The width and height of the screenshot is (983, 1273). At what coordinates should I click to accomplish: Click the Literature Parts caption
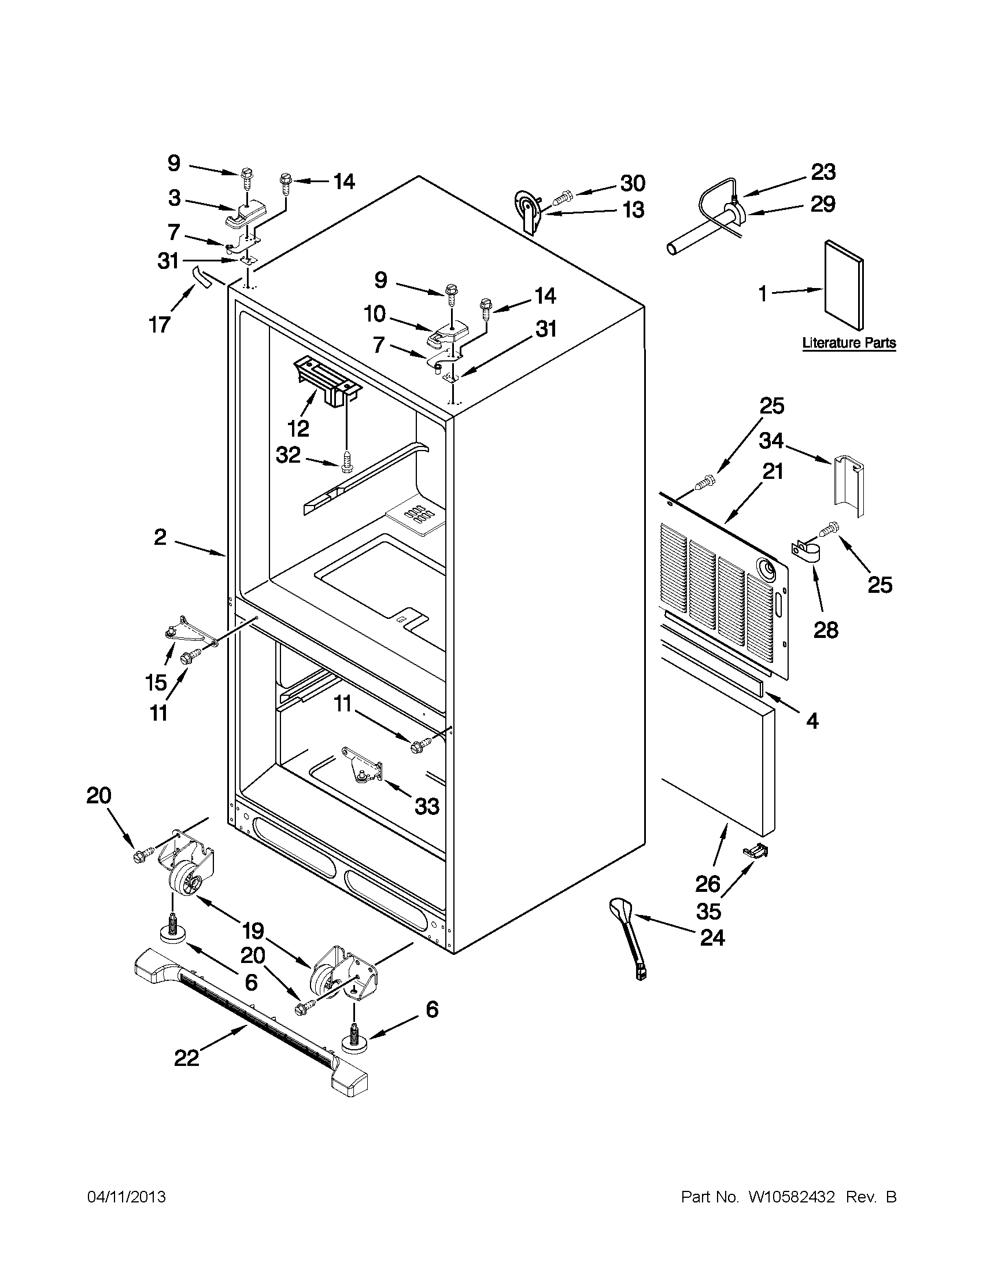(848, 343)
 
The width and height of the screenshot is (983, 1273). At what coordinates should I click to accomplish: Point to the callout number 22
(187, 1058)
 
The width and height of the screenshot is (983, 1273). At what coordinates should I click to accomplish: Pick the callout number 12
(298, 429)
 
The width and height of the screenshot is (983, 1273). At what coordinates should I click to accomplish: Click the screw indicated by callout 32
(348, 464)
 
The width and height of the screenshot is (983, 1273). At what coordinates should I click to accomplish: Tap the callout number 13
(633, 209)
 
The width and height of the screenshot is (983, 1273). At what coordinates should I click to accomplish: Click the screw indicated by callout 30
(560, 200)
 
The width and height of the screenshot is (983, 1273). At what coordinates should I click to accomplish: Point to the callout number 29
(823, 204)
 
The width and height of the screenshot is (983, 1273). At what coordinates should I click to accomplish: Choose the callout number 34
(771, 441)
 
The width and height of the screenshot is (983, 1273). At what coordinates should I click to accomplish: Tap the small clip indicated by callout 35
(756, 852)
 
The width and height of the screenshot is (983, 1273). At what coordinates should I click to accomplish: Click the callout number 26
(708, 884)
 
